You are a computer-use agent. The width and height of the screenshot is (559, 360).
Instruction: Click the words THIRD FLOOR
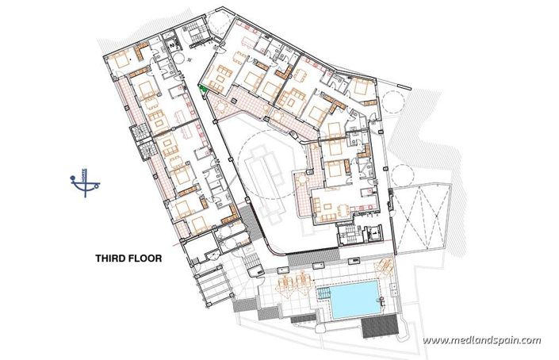128,258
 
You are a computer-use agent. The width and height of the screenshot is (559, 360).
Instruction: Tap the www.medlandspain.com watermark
481,341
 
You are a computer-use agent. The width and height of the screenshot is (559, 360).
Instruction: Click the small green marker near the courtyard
204,90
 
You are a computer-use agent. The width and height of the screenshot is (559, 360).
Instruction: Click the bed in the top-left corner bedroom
124,58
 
